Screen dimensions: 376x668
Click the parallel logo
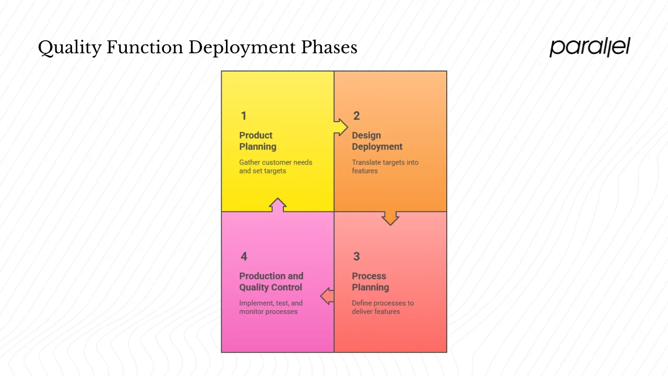click(x=590, y=47)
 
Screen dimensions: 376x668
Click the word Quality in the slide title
click(x=69, y=48)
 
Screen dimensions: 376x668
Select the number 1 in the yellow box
click(x=243, y=116)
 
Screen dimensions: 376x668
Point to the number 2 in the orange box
click(x=356, y=116)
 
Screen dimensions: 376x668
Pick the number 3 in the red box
click(x=356, y=256)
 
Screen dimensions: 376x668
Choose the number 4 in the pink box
click(x=244, y=256)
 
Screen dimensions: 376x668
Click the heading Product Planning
click(x=258, y=141)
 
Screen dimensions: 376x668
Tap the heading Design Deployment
click(x=377, y=141)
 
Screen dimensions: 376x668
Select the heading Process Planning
click(x=370, y=281)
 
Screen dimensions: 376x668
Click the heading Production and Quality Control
click(x=271, y=281)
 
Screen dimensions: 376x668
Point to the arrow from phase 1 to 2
click(x=341, y=127)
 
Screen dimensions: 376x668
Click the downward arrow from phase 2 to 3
click(x=390, y=218)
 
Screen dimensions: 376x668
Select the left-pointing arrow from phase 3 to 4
click(x=327, y=296)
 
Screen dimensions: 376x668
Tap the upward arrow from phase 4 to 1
click(x=278, y=205)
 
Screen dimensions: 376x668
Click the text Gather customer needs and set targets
click(x=276, y=167)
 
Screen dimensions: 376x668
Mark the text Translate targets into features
click(x=385, y=167)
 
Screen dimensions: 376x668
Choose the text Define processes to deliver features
click(x=383, y=307)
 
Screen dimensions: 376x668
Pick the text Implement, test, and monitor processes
click(x=271, y=307)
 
